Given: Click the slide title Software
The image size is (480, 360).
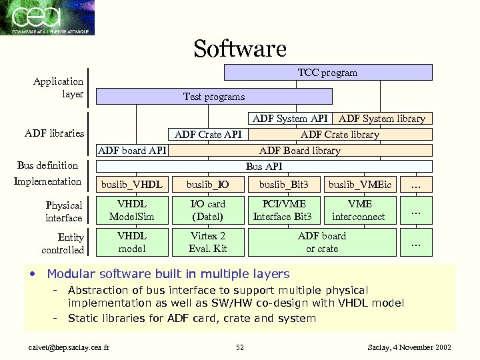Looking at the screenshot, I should (240, 49).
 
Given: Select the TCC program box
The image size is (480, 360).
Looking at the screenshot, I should (327, 72).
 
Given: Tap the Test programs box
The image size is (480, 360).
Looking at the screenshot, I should (214, 97).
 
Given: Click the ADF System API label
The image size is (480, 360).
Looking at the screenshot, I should (290, 119).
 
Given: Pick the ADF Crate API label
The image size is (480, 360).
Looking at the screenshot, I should (208, 135).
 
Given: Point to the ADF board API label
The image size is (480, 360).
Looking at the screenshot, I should (132, 151).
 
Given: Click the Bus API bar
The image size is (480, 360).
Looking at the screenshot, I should (264, 166).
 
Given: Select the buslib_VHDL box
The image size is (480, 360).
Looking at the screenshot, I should (131, 183).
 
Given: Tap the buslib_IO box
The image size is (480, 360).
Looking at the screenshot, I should (208, 183).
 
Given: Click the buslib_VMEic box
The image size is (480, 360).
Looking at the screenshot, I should (359, 183).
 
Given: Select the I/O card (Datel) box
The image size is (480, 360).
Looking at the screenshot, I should (208, 210).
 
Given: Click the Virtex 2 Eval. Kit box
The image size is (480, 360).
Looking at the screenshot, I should (208, 242).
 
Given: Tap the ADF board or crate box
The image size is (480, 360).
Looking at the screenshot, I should (322, 242).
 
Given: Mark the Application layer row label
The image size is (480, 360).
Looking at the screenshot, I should (59, 87).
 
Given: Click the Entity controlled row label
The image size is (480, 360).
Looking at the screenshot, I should (63, 243).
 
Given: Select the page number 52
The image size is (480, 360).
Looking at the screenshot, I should (240, 347).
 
